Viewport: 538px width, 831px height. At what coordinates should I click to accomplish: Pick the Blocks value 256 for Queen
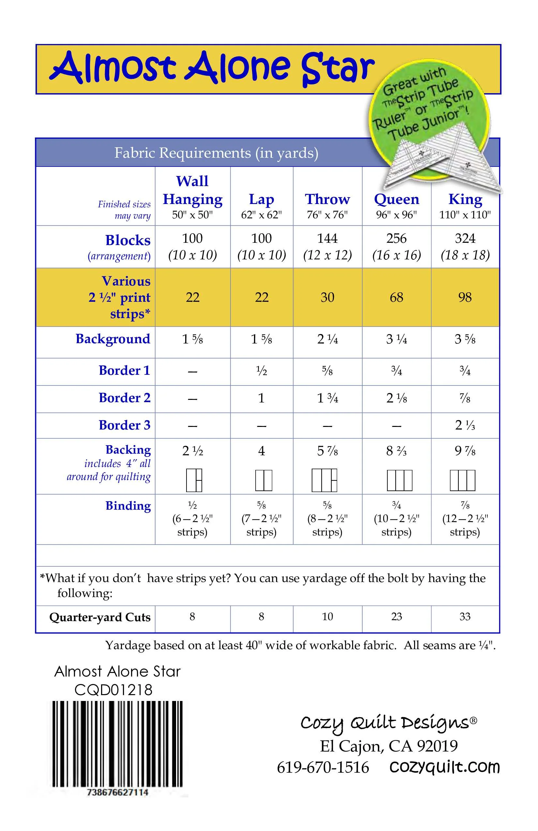[396, 239]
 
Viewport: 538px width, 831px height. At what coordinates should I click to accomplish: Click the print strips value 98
[465, 298]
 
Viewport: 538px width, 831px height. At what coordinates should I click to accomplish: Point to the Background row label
[112, 339]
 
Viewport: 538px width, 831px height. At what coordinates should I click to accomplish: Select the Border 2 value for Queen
[396, 398]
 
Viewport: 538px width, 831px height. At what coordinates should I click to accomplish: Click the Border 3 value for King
[465, 425]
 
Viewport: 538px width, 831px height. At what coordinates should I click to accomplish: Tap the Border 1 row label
[124, 371]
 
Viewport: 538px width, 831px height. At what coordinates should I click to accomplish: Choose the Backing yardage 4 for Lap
[261, 451]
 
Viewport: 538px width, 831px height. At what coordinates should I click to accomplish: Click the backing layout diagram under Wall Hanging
[194, 480]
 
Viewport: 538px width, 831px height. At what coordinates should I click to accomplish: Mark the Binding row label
[128, 506]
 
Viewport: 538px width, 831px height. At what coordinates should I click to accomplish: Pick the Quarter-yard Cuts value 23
[396, 617]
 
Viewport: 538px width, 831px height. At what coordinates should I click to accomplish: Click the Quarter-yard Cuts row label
[99, 617]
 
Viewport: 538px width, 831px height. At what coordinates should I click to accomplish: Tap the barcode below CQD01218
[117, 744]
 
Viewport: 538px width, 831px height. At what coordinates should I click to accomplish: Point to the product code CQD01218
[113, 690]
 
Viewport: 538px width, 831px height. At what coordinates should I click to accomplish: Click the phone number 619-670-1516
[323, 767]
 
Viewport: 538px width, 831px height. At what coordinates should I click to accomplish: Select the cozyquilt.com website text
[444, 767]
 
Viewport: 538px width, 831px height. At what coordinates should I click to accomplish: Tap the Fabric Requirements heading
[216, 153]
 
